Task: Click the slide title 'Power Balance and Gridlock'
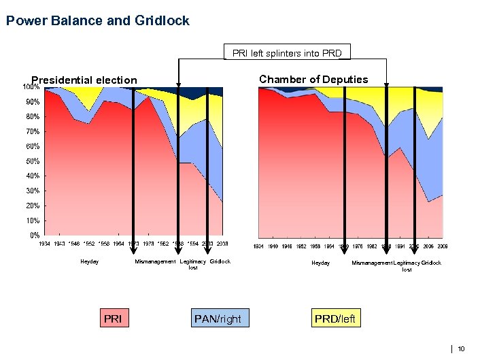click(x=97, y=21)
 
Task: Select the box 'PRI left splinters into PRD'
click(x=287, y=52)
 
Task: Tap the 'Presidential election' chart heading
click(x=84, y=80)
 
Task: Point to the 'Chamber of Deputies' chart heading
click(x=313, y=80)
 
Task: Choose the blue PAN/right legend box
click(x=218, y=318)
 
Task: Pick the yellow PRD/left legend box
click(x=335, y=318)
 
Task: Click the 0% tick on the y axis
click(x=33, y=235)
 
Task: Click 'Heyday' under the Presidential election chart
click(x=90, y=261)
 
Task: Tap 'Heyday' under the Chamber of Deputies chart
click(x=320, y=263)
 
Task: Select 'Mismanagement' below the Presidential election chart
click(x=155, y=261)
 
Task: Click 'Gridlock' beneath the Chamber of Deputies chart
click(x=431, y=263)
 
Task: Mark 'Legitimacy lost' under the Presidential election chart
click(x=193, y=264)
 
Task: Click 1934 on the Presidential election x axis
click(x=44, y=243)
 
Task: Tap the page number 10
click(x=462, y=349)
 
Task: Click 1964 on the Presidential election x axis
click(x=118, y=243)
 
